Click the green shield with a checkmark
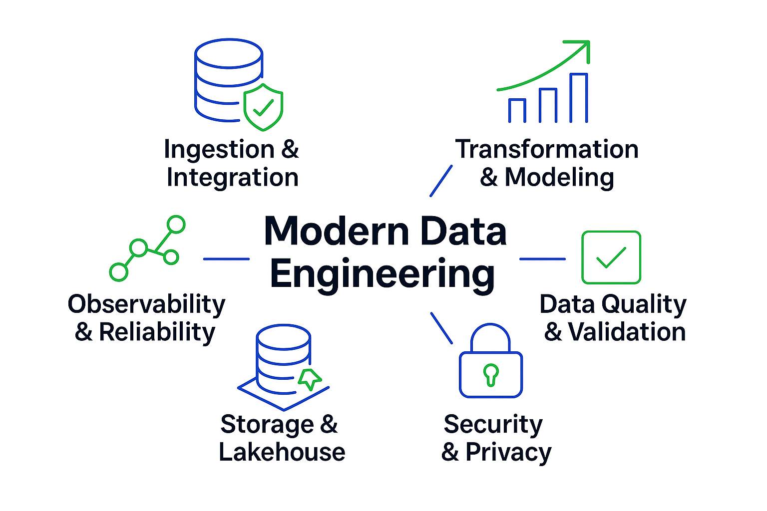pyautogui.click(x=263, y=107)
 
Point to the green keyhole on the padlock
pyautogui.click(x=491, y=374)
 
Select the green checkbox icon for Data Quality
pyautogui.click(x=611, y=257)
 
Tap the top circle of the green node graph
pyautogui.click(x=176, y=225)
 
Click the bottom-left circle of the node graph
pyautogui.click(x=119, y=272)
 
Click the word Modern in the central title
pyautogui.click(x=337, y=232)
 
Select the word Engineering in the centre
pyautogui.click(x=383, y=274)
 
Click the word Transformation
pyautogui.click(x=547, y=149)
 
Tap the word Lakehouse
pyautogui.click(x=282, y=452)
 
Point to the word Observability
pyautogui.click(x=146, y=304)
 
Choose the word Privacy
pyautogui.click(x=508, y=453)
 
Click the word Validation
pyautogui.click(x=627, y=332)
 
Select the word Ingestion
pyautogui.click(x=219, y=150)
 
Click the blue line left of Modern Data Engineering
pyautogui.click(x=226, y=259)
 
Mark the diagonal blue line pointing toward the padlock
pyautogui.click(x=441, y=328)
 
